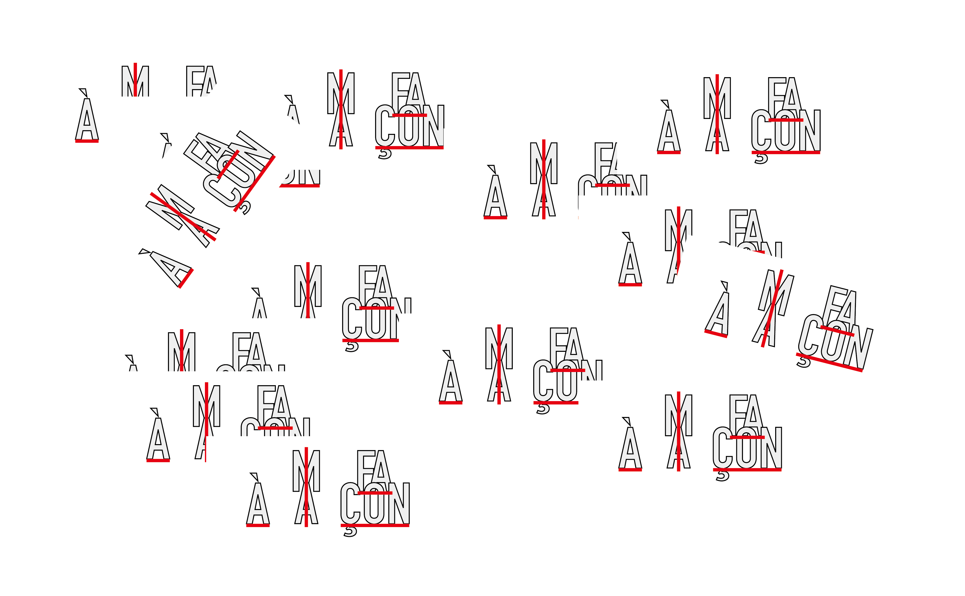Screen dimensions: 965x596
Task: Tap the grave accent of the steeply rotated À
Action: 144,251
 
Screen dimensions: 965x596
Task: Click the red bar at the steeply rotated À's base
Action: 186,278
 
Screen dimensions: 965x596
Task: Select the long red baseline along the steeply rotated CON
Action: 254,184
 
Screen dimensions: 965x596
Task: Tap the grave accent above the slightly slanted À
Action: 724,286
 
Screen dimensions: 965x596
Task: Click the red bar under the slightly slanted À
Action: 716,334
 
